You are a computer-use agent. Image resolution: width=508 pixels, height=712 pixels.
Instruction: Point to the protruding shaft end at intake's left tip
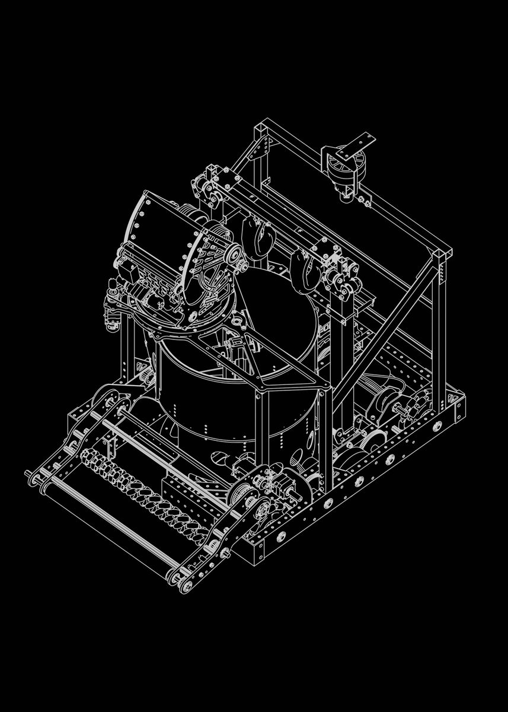coord(28,473)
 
